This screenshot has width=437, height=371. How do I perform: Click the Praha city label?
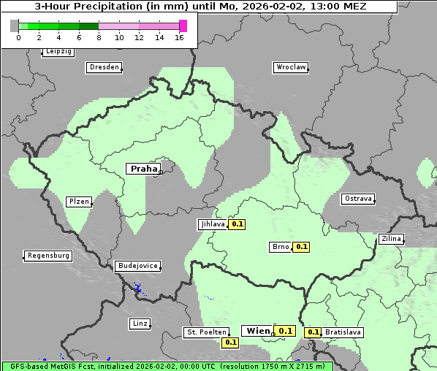pyautogui.click(x=143, y=169)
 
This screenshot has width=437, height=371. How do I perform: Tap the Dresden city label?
pyautogui.click(x=104, y=67)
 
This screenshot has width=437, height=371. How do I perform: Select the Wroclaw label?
pyautogui.click(x=291, y=67)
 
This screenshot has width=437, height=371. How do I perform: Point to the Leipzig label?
pyautogui.click(x=58, y=52)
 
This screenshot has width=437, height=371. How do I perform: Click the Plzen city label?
pyautogui.click(x=78, y=202)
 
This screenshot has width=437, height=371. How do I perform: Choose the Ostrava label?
pyautogui.click(x=358, y=199)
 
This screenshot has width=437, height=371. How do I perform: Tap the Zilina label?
pyautogui.click(x=390, y=239)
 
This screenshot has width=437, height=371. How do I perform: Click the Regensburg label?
pyautogui.click(x=48, y=256)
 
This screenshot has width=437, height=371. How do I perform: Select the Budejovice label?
pyautogui.click(x=137, y=266)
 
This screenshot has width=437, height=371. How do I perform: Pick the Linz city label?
pyautogui.click(x=139, y=323)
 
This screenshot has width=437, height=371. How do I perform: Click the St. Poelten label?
pyautogui.click(x=205, y=332)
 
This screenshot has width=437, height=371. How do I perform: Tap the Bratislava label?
pyautogui.click(x=343, y=332)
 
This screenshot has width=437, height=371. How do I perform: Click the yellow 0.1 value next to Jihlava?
pyautogui.click(x=237, y=224)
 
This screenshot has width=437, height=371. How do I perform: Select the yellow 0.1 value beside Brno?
pyautogui.click(x=301, y=247)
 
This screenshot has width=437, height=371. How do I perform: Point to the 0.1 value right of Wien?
pyautogui.click(x=285, y=331)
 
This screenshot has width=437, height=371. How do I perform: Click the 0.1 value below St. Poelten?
pyautogui.click(x=231, y=342)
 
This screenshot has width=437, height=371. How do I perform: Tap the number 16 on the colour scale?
pyautogui.click(x=179, y=37)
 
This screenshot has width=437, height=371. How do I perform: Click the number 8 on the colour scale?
pyautogui.click(x=99, y=37)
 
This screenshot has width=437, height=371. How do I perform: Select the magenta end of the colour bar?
pyautogui.click(x=183, y=26)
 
